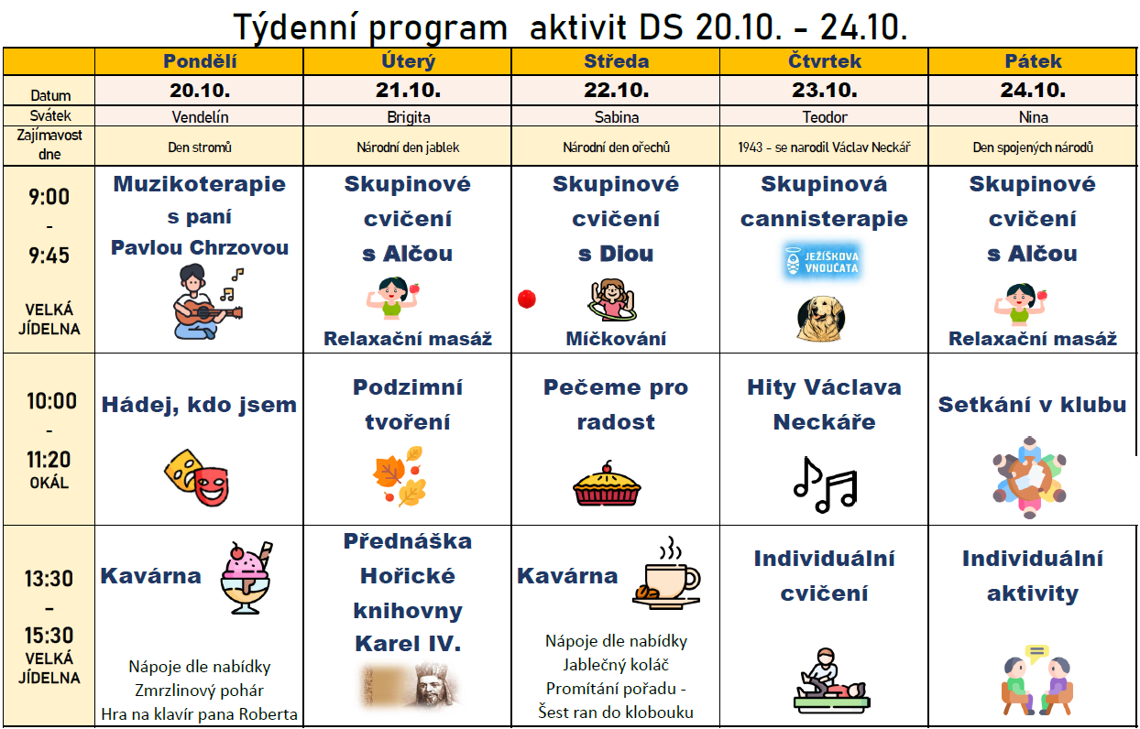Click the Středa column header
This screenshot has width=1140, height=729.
(x=617, y=61)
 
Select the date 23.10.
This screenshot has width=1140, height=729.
(x=825, y=91)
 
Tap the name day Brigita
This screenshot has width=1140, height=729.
(x=408, y=117)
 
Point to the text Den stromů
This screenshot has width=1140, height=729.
(x=200, y=147)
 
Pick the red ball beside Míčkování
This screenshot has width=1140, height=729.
(x=527, y=299)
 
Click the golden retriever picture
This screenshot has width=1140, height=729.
(x=821, y=319)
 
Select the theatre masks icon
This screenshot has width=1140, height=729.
(x=197, y=478)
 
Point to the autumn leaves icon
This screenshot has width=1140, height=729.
(x=400, y=476)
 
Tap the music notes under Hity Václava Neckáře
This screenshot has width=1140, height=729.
(x=825, y=484)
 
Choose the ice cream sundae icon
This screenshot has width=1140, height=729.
(x=247, y=578)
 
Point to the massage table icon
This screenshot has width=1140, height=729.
(x=831, y=680)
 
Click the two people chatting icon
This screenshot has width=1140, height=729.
(x=1037, y=680)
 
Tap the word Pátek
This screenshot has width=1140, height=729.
(x=1033, y=61)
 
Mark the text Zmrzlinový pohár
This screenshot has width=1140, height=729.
(x=200, y=691)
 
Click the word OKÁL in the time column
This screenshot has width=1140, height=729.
(x=49, y=483)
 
